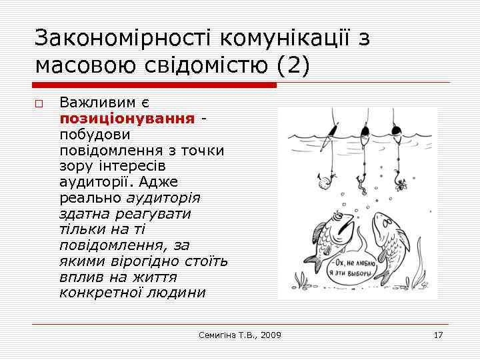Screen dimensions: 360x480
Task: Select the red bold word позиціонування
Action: point(127,118)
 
